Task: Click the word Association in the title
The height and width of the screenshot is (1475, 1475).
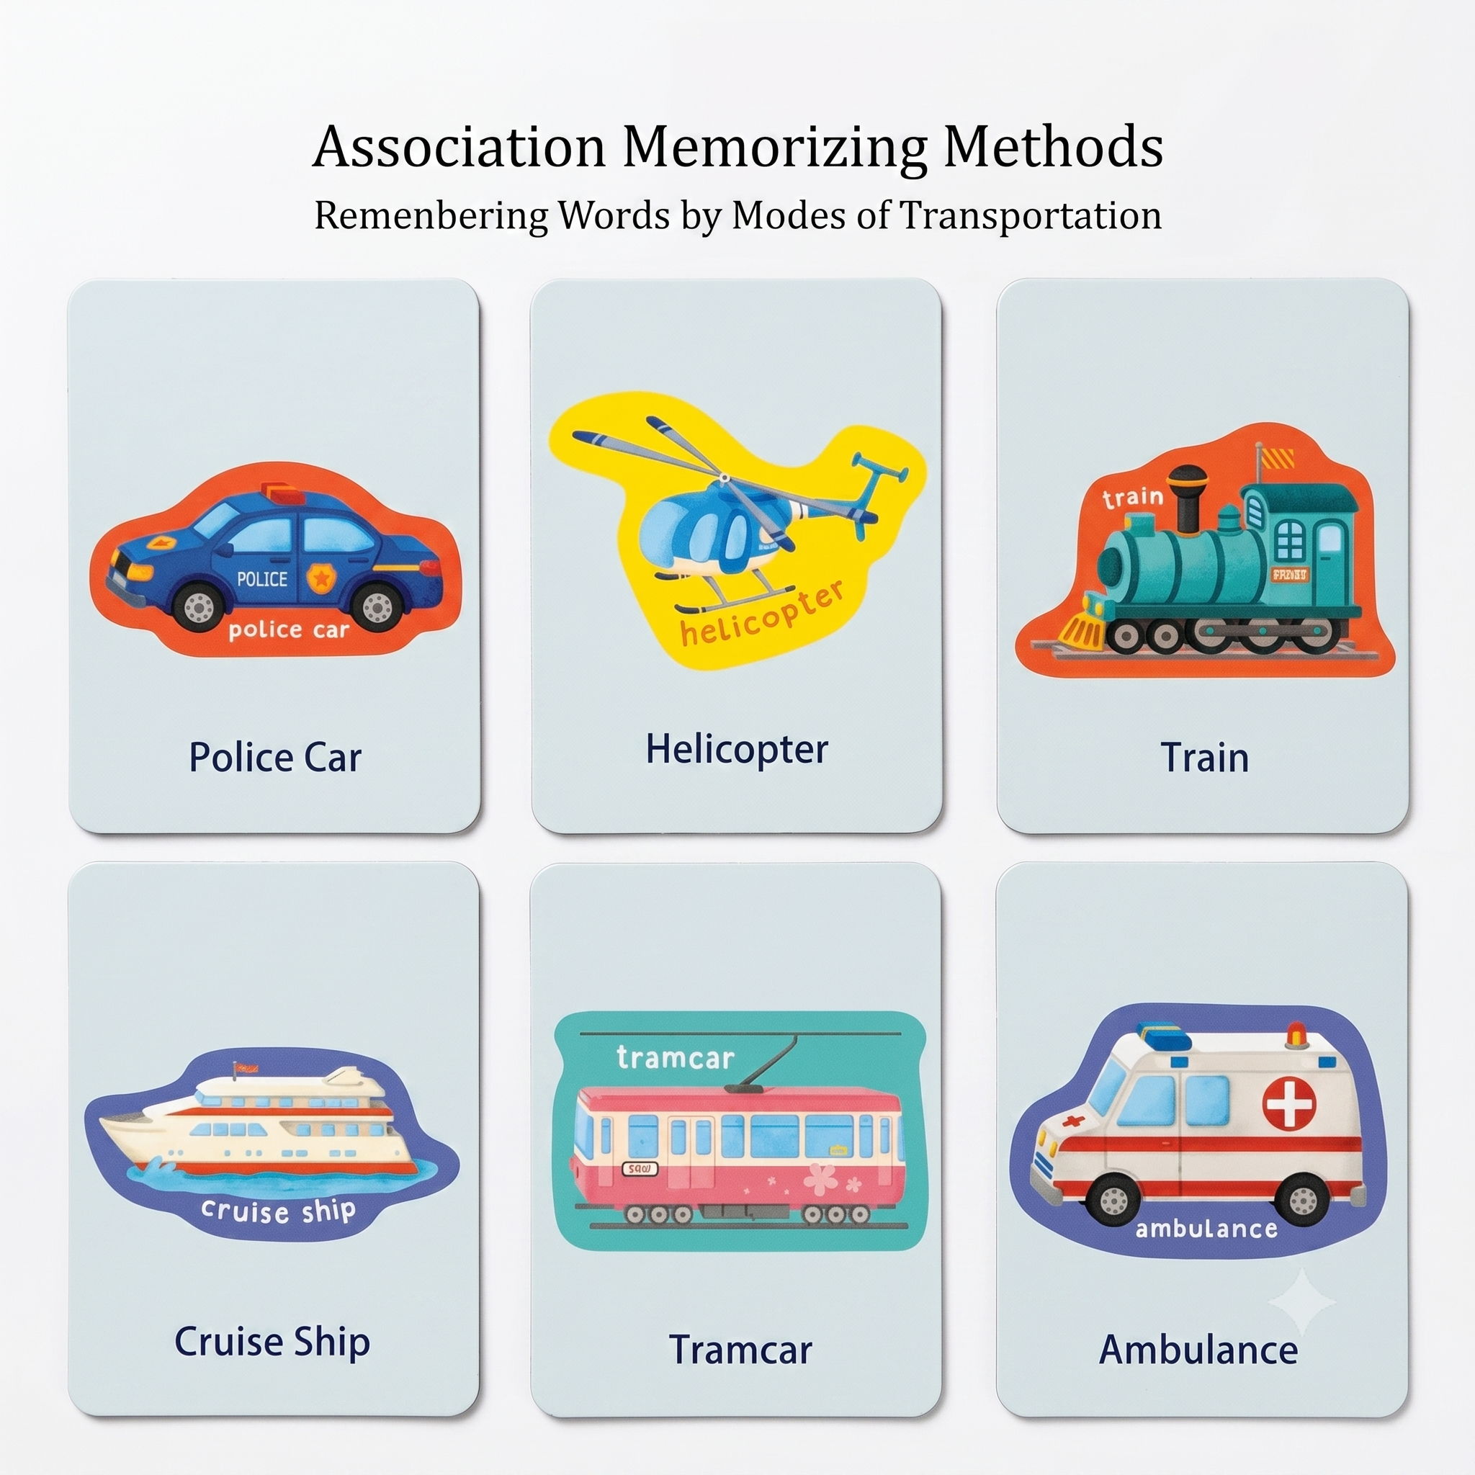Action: pyautogui.click(x=459, y=147)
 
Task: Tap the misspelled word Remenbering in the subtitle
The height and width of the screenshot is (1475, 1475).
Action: pyautogui.click(x=431, y=215)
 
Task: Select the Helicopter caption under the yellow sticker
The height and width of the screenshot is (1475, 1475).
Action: pyautogui.click(x=737, y=750)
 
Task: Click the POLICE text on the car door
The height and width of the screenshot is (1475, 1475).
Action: pyautogui.click(x=262, y=580)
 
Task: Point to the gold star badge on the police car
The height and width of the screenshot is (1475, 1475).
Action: pyautogui.click(x=320, y=578)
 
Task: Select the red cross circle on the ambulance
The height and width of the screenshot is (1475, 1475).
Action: pyautogui.click(x=1289, y=1106)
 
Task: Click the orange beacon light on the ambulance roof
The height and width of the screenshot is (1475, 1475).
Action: pyautogui.click(x=1296, y=1034)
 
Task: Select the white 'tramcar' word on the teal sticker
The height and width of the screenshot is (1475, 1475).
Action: pyautogui.click(x=675, y=1058)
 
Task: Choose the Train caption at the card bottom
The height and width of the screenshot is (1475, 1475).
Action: pyautogui.click(x=1205, y=758)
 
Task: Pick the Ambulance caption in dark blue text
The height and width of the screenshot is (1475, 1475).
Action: pyautogui.click(x=1198, y=1350)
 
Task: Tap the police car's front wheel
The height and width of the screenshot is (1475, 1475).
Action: pyautogui.click(x=199, y=606)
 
